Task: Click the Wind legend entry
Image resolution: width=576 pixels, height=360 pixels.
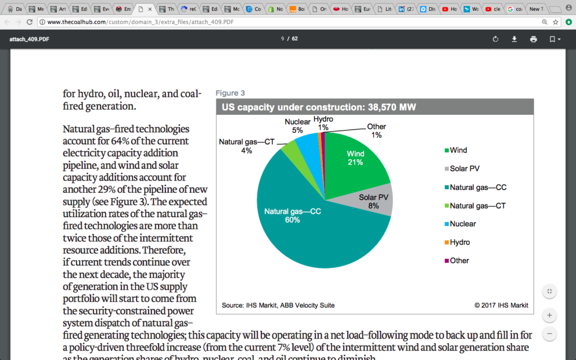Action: [x=458, y=150]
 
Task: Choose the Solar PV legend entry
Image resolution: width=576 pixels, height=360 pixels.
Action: [x=464, y=169]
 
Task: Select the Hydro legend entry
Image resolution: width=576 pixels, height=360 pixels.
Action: [x=460, y=242]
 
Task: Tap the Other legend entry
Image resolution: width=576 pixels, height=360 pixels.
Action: [x=459, y=260]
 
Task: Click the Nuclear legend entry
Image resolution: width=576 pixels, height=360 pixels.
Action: [x=462, y=224]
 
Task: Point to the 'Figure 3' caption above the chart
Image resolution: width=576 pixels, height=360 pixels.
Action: [x=231, y=93]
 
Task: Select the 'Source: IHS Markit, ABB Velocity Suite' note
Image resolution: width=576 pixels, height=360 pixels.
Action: [x=278, y=305]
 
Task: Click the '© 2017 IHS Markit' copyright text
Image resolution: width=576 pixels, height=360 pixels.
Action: [x=501, y=305]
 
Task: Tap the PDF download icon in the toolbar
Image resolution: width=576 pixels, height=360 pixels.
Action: [x=514, y=39]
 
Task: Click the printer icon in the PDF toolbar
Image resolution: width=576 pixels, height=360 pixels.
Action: [x=533, y=39]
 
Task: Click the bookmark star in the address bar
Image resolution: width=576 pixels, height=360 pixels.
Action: [x=556, y=22]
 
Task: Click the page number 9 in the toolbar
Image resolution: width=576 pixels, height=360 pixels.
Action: [x=282, y=39]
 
